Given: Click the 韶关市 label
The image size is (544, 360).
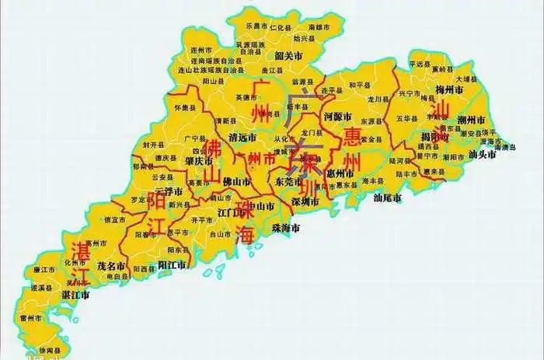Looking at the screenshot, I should [288, 56].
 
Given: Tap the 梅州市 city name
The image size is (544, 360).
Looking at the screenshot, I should [448, 90].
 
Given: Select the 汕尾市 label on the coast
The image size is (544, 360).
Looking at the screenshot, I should [388, 197].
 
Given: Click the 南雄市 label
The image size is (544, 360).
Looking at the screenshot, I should [320, 26].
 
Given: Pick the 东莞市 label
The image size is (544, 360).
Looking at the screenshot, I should [290, 181].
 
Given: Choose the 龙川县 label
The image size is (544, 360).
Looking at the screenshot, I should [378, 100].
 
